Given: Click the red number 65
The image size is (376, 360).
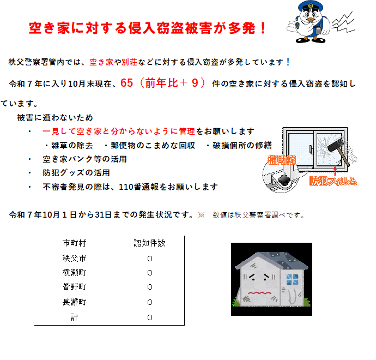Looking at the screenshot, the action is [126, 83].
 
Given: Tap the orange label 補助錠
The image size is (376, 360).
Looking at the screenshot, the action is [282, 160].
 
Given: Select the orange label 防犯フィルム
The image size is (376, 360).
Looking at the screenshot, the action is [333, 181].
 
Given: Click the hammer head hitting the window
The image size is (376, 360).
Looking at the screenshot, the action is [336, 145].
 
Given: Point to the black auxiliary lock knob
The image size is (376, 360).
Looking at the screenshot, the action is [284, 180].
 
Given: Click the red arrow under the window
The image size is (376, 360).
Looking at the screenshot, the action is [335, 170].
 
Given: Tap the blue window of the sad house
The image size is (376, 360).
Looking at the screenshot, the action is [293, 280].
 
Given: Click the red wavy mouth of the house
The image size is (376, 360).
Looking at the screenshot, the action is [260, 293].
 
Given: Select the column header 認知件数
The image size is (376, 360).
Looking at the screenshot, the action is [150, 243].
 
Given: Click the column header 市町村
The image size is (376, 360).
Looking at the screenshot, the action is [74, 243].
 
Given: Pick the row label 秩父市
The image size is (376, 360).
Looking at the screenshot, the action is [74, 259].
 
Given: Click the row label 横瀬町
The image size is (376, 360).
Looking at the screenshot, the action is [74, 273].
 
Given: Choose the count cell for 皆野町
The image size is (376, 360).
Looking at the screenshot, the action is [150, 287].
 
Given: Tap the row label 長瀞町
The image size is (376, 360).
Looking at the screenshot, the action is [74, 302].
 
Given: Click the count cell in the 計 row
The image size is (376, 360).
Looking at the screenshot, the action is [150, 317].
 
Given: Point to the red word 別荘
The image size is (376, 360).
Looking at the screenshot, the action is [130, 62].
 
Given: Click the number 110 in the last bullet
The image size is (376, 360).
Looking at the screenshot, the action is [125, 187].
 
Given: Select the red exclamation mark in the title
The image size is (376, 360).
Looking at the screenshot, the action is [263, 28].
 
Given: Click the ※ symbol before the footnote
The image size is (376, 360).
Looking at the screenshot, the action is [201, 215].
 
